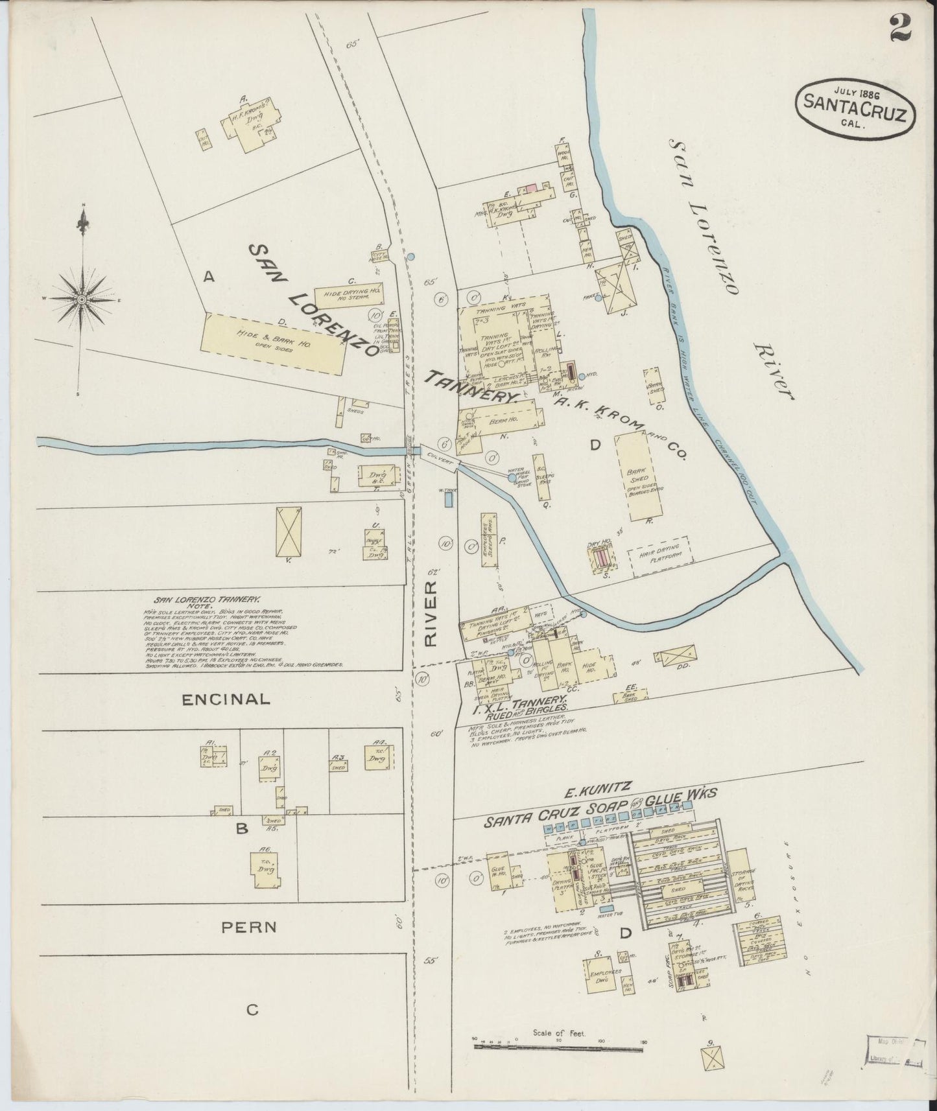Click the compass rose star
(x=82, y=300)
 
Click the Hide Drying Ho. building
(x=348, y=295)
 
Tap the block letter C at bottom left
(x=252, y=1010)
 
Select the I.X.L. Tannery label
(x=523, y=705)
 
